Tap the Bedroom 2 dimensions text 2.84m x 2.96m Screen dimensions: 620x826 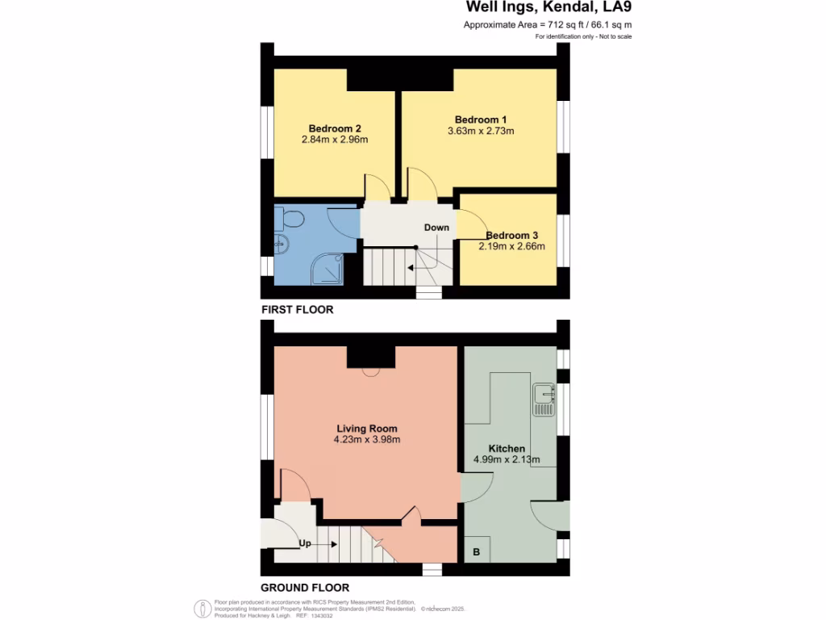coord(334,140)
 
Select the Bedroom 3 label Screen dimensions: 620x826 coord(511,236)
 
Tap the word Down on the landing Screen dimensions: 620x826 coord(436,228)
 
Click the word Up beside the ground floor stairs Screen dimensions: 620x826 coord(305,543)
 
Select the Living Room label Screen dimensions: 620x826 coord(367,429)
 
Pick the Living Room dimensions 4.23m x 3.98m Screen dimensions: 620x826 coord(367,440)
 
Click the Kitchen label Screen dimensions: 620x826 coord(507,449)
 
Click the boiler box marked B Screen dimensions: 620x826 coord(476,552)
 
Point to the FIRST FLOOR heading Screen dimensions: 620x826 coord(297,310)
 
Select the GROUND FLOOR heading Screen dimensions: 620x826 coord(305,588)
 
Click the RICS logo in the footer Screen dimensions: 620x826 coord(202,609)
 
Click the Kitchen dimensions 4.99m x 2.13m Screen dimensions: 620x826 coord(507,460)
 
